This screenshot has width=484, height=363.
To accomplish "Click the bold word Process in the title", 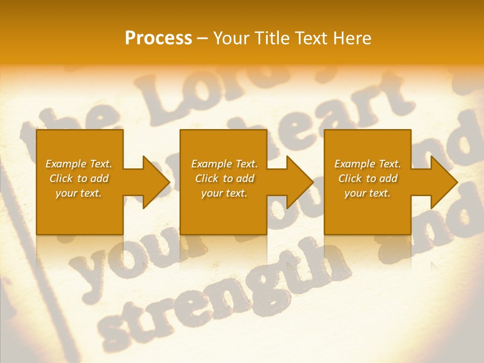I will pos(158,38).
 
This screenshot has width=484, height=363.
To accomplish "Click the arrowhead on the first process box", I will pos(154,182).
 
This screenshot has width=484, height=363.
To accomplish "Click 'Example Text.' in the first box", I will pos(79,164).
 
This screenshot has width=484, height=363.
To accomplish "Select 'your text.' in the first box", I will pos(79,193).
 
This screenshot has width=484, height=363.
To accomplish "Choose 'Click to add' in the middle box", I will pos(224,178).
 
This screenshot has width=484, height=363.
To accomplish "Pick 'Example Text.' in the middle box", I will pos(224,164).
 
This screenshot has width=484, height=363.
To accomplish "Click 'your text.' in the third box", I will pos(368,193).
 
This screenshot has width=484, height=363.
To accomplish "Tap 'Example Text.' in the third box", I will pos(368,164).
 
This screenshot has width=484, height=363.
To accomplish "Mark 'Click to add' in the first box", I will pos(79,178).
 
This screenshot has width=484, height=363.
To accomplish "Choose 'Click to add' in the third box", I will pos(368,178).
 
